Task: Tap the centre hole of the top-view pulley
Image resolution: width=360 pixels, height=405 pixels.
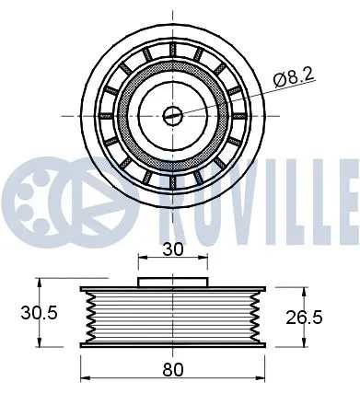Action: pyautogui.click(x=171, y=115)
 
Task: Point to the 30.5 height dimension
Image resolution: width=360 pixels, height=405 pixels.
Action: pyautogui.click(x=39, y=313)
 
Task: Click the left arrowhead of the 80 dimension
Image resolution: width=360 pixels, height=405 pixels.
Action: pyautogui.click(x=86, y=379)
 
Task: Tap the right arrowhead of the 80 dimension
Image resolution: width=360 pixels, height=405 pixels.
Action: pyautogui.click(x=261, y=379)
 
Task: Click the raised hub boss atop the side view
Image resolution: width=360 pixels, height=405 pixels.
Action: pyautogui.click(x=172, y=281)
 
